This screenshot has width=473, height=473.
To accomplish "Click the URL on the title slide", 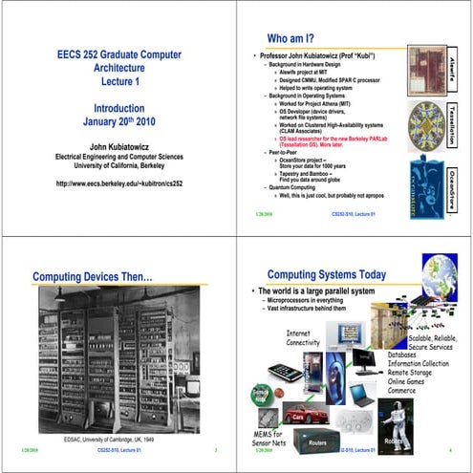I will coord(118,183).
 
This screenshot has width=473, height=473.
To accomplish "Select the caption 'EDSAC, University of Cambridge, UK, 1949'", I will coord(115,439).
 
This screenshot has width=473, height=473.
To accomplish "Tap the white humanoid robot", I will coord(396,419).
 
